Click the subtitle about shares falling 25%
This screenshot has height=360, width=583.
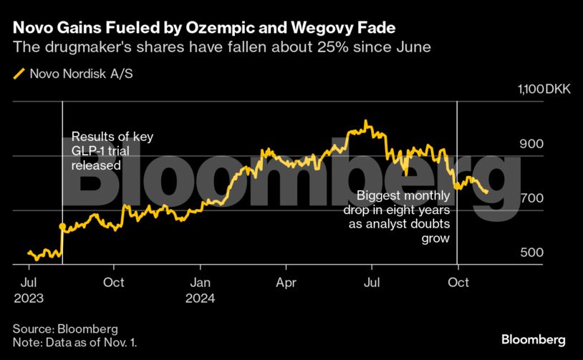[220, 48]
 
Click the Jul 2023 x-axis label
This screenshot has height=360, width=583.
[29, 289]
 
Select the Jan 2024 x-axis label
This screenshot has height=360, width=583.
[201, 289]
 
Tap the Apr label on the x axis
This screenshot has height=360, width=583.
[286, 282]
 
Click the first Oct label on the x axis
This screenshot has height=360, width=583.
[115, 282]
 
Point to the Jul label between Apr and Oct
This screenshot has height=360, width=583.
[372, 282]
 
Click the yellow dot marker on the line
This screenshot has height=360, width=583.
[62, 226]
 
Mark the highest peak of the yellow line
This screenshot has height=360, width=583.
[366, 122]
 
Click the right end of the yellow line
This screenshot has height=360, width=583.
[487, 192]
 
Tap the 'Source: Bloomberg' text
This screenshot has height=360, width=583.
[65, 329]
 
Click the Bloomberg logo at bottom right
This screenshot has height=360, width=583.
[534, 339]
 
